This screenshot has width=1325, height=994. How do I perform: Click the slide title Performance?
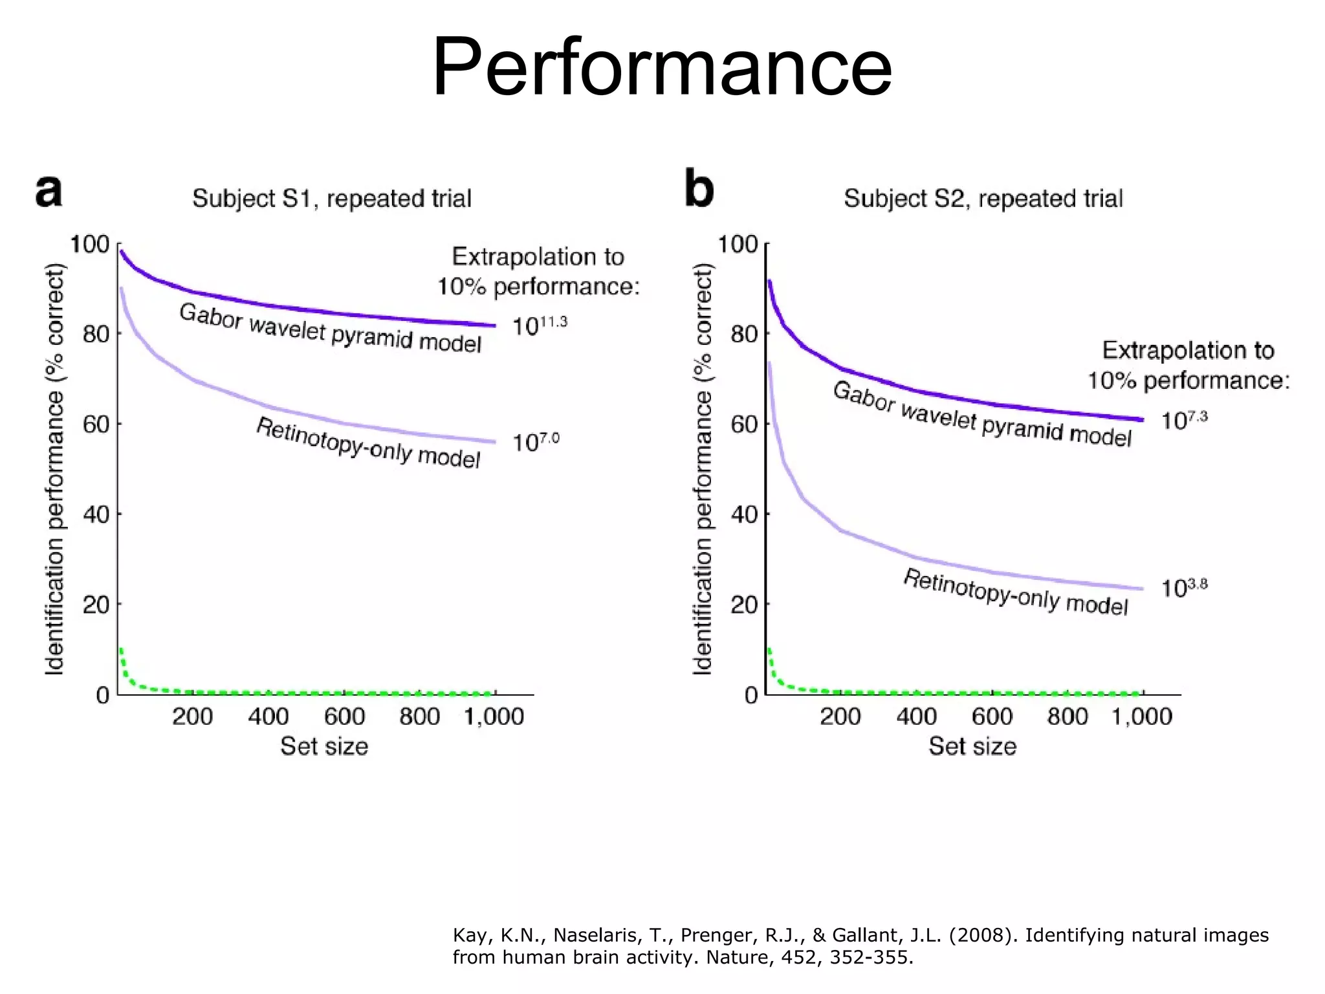tap(662, 68)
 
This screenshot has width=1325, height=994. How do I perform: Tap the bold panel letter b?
tap(699, 190)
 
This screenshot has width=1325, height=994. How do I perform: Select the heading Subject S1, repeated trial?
tap(332, 199)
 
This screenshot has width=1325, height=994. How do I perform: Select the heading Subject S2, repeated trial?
tap(983, 199)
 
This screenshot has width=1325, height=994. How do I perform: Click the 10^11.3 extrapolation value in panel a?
tap(539, 326)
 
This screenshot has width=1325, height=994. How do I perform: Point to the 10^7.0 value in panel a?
tap(536, 443)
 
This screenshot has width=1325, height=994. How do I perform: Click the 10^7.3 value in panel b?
tap(1184, 420)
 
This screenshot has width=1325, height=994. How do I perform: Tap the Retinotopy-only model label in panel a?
tap(368, 443)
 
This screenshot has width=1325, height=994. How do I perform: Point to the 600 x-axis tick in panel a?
tap(344, 717)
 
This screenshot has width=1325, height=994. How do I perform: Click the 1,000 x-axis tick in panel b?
tap(1142, 717)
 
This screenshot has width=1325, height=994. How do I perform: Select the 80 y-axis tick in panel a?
tap(96, 335)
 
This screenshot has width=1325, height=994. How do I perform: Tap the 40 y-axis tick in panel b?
tap(744, 515)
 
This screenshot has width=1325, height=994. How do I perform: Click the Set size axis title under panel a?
tap(324, 747)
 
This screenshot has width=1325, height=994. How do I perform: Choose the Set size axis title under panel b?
tap(972, 747)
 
